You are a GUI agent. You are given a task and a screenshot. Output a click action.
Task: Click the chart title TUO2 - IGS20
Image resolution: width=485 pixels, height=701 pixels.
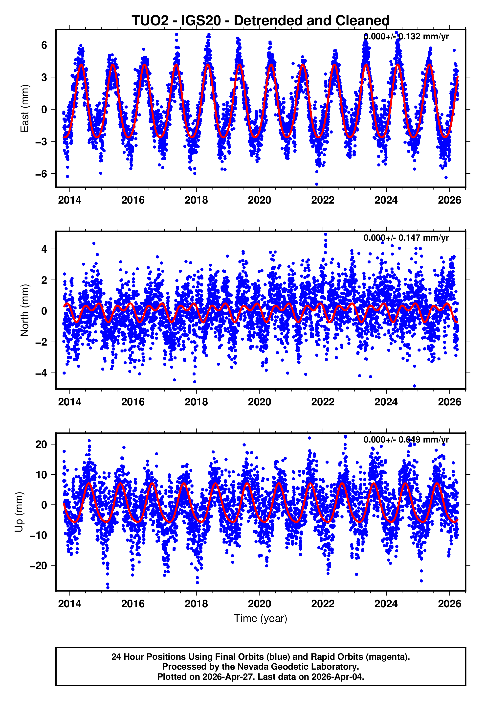click(x=261, y=21)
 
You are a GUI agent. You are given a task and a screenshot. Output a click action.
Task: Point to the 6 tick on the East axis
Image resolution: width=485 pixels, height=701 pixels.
click(x=44, y=45)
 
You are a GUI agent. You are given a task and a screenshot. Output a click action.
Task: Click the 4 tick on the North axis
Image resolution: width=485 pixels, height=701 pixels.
click(x=44, y=249)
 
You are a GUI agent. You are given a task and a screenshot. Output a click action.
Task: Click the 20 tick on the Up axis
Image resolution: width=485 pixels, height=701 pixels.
click(x=41, y=444)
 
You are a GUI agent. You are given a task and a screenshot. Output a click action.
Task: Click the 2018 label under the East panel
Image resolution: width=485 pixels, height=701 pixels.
click(x=196, y=200)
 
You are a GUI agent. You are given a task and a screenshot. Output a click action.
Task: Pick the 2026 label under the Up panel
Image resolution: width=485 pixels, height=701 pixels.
click(x=449, y=604)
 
